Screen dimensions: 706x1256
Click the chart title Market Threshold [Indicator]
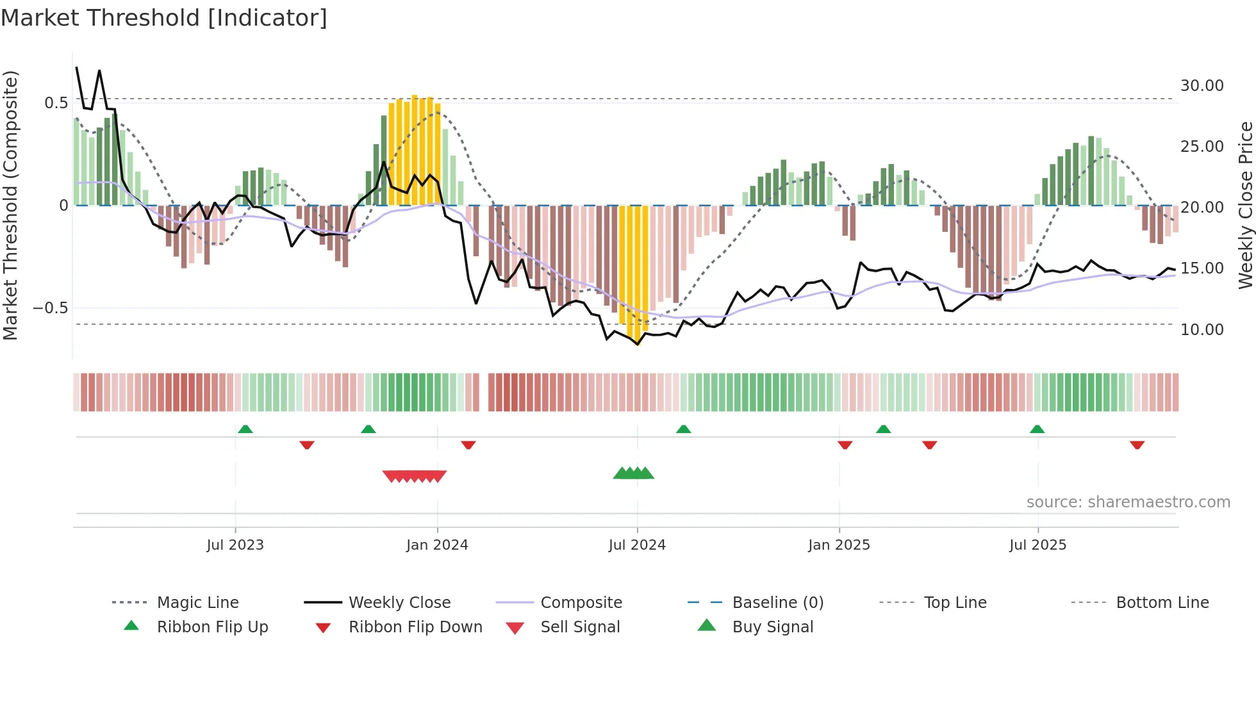point(164,18)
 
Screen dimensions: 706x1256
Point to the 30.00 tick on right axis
point(1202,86)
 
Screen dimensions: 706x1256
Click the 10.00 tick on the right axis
point(1202,330)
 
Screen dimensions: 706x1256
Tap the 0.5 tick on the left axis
point(56,103)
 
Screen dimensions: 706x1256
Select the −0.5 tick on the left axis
point(51,308)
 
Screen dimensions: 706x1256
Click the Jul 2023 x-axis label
point(235,545)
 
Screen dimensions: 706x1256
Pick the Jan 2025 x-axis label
point(839,545)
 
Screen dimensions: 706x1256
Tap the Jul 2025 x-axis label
point(1037,545)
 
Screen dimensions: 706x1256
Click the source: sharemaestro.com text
point(1128,502)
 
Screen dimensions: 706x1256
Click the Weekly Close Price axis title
point(1245,205)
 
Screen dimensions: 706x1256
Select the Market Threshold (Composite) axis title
point(10,205)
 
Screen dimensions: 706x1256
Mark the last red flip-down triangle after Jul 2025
point(1137,445)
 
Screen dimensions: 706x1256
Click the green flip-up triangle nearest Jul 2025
point(1037,429)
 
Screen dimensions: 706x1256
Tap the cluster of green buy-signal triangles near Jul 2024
point(633,473)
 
